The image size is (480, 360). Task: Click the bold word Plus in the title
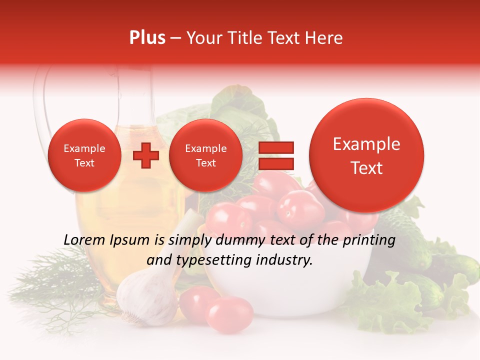(147, 38)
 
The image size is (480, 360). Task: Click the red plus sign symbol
(145, 155)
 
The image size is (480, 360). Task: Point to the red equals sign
(276, 155)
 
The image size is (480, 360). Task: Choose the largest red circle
(366, 155)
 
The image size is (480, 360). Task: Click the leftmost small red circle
(84, 155)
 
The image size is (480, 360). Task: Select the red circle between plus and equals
(205, 155)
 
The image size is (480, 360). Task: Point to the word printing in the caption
(369, 240)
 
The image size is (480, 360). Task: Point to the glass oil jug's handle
(41, 100)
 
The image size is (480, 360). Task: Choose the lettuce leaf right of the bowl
(395, 300)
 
